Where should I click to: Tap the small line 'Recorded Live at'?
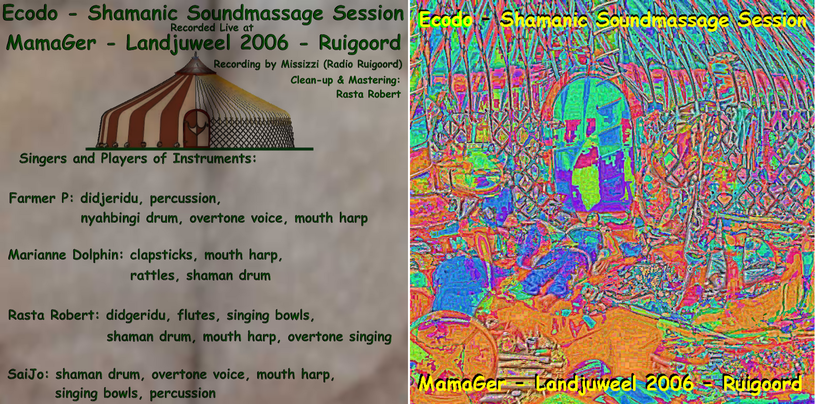[x=212, y=28]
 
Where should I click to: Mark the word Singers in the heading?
[x=43, y=158]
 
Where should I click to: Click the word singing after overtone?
[x=370, y=337]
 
